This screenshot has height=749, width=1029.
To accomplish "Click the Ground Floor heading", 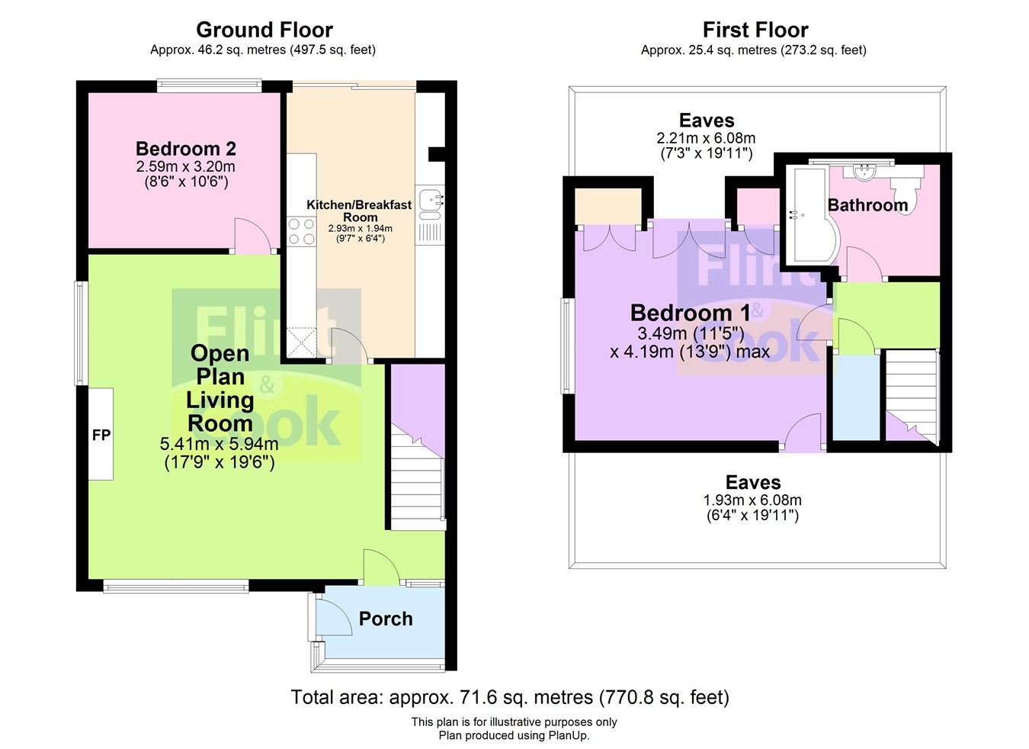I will click(x=264, y=30).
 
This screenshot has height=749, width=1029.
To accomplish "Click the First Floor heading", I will click(x=755, y=30).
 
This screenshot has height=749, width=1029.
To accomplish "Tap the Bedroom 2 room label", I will click(x=185, y=149).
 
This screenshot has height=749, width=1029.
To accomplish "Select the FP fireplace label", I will click(x=101, y=435).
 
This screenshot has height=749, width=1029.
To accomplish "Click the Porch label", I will click(x=386, y=619).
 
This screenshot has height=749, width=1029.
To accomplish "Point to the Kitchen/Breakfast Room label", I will click(x=359, y=211).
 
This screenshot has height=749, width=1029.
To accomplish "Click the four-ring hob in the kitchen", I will click(x=301, y=231).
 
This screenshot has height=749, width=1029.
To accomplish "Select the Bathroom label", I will click(x=867, y=204).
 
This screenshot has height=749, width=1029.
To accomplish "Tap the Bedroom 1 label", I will click(x=690, y=313).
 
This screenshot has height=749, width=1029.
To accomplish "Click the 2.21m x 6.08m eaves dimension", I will click(x=706, y=138).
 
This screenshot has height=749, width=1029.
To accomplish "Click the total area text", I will click(x=509, y=697).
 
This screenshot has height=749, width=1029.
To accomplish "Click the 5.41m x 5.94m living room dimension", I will click(x=219, y=444).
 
